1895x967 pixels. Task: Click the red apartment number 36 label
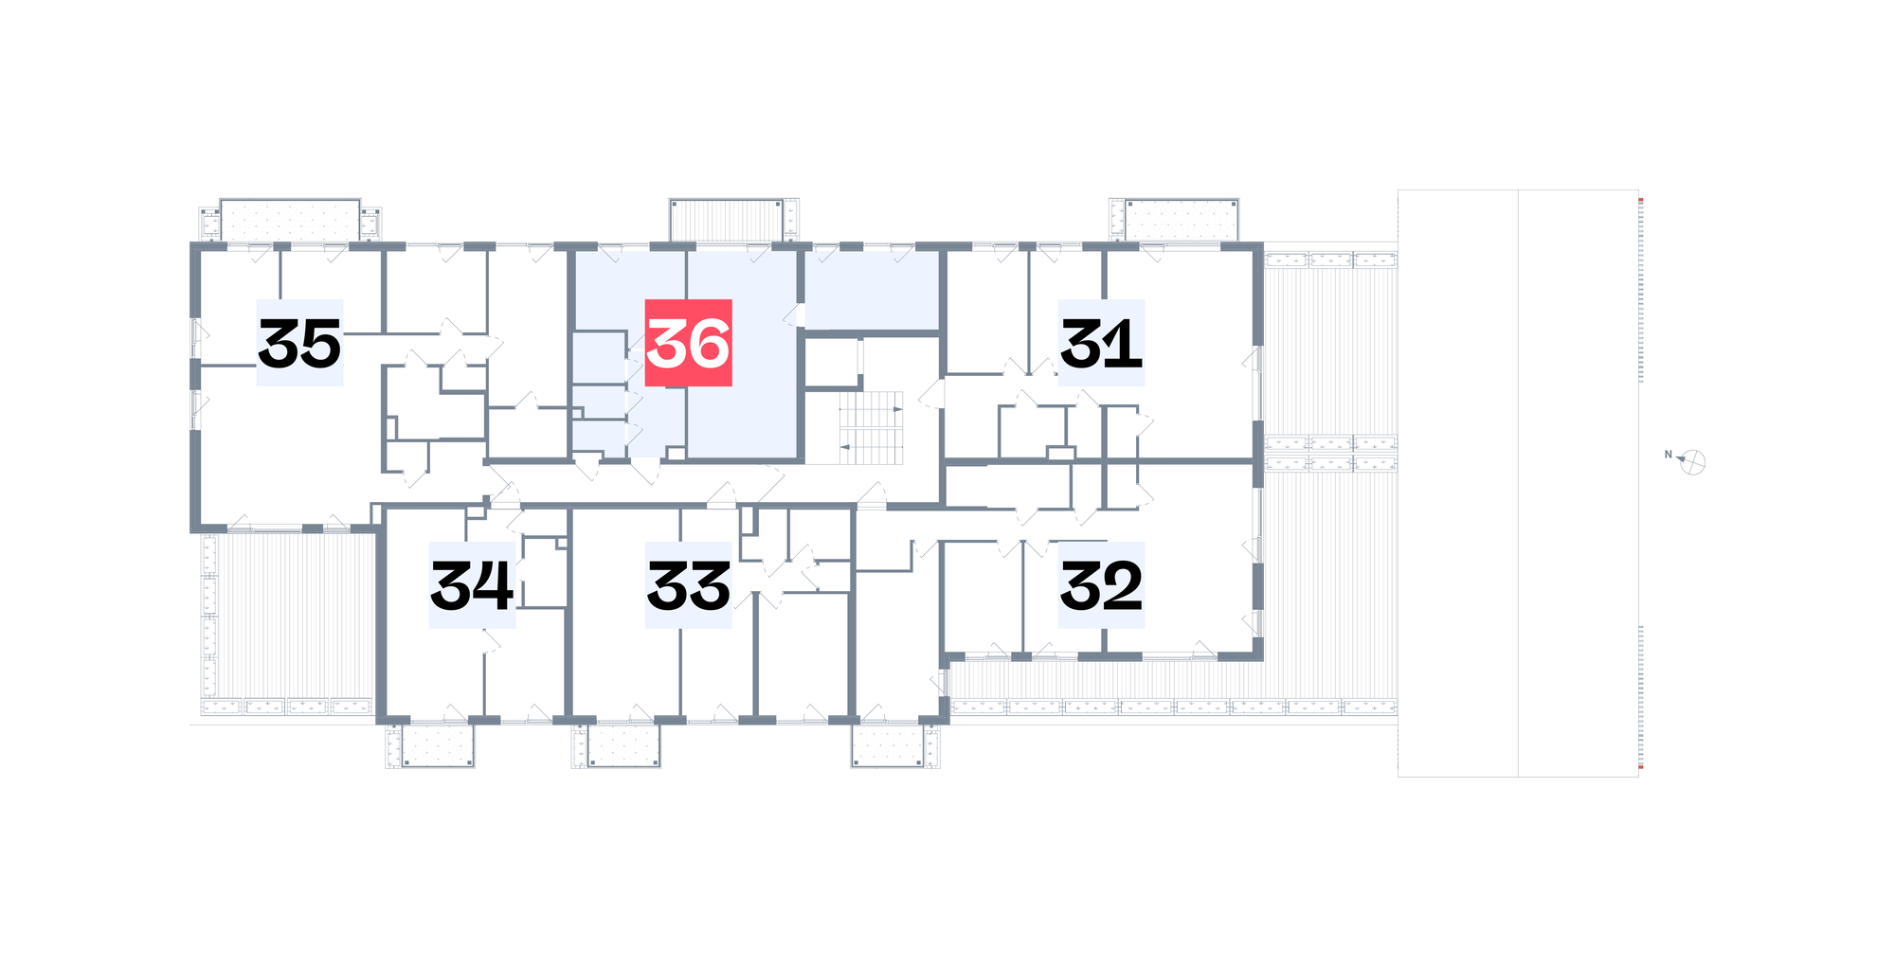[688, 343]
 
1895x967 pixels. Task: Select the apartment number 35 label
[299, 343]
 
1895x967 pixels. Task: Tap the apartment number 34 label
[472, 585]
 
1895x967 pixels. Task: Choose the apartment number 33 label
[688, 585]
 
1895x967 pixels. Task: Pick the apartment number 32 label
[1101, 585]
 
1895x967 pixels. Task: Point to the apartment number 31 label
[1101, 343]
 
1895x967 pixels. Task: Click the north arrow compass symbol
[1692, 462]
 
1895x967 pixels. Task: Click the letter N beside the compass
[1669, 455]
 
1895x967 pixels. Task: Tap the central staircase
[871, 428]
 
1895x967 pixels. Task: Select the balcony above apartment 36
[727, 220]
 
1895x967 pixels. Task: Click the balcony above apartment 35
[290, 220]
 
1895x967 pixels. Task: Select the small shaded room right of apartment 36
[872, 291]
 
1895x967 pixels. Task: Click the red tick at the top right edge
[1641, 200]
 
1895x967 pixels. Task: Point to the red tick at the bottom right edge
[1641, 767]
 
